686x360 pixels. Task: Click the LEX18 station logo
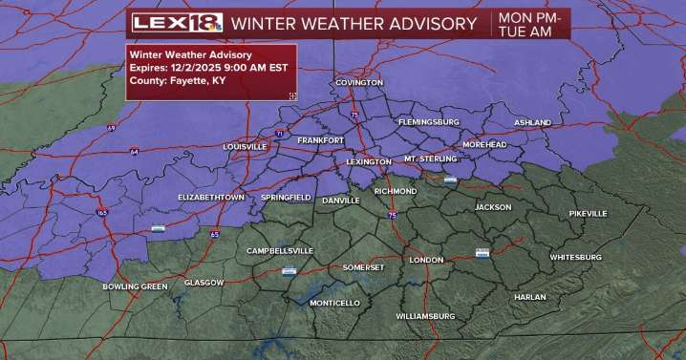(x=177, y=23)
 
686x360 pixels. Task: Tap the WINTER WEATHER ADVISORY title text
(x=354, y=23)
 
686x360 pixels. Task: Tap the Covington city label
(x=358, y=83)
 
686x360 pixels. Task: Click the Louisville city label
(x=243, y=147)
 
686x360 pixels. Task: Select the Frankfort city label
(x=320, y=140)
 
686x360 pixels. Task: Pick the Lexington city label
(x=368, y=162)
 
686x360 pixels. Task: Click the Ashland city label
(x=532, y=123)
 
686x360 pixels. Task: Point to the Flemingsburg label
(x=429, y=122)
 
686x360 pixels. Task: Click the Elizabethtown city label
(x=211, y=197)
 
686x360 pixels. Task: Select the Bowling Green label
(x=135, y=286)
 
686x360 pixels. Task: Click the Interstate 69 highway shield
(x=111, y=128)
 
